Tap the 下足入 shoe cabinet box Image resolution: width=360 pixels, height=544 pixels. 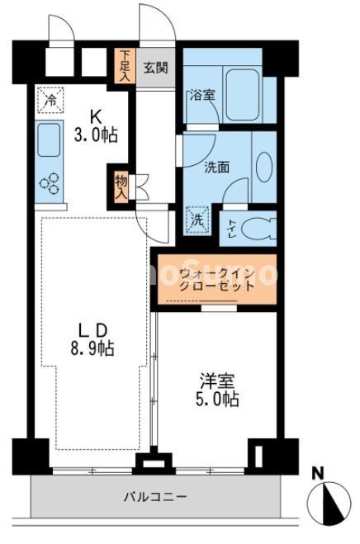pos(125,66)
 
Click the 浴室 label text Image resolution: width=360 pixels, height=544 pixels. pos(202,94)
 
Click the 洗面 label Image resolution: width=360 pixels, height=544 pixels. pos(217,166)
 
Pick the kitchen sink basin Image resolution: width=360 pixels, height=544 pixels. pos(50,138)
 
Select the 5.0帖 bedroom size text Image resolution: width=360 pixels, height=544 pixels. pos(218,400)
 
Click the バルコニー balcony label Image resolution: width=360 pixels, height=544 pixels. pos(155,497)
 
